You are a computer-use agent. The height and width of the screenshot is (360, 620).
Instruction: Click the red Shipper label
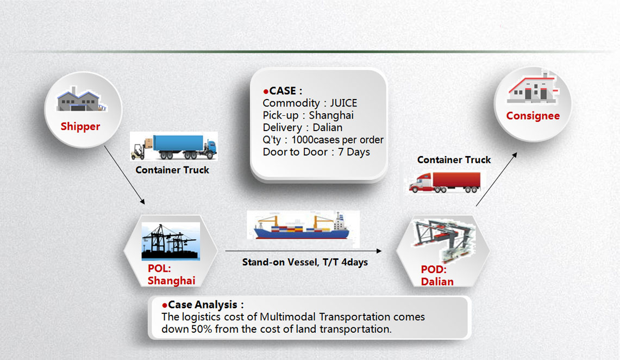[80, 127]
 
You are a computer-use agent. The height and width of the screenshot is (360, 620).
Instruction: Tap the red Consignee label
[533, 116]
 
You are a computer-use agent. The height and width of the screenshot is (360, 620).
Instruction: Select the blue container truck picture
[173, 146]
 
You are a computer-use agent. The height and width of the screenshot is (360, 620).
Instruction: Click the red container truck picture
[444, 182]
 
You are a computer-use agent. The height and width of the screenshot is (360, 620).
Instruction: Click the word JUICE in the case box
[343, 103]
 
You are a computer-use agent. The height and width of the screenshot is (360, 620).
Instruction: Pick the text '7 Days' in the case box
[354, 152]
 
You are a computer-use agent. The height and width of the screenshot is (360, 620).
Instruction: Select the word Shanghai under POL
[171, 281]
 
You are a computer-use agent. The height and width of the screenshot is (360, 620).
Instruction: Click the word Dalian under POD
[437, 282]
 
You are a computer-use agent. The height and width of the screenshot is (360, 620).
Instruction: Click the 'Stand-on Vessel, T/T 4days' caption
[305, 262]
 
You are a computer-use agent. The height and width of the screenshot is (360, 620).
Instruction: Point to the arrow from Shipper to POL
[124, 175]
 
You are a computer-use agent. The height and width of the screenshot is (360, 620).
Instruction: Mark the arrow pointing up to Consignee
[496, 179]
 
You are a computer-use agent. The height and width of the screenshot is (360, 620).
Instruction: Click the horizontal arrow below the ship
[303, 251]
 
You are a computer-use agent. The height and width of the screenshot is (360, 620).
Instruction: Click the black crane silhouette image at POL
[171, 241]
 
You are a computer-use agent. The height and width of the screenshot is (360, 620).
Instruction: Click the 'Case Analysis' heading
[203, 305]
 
